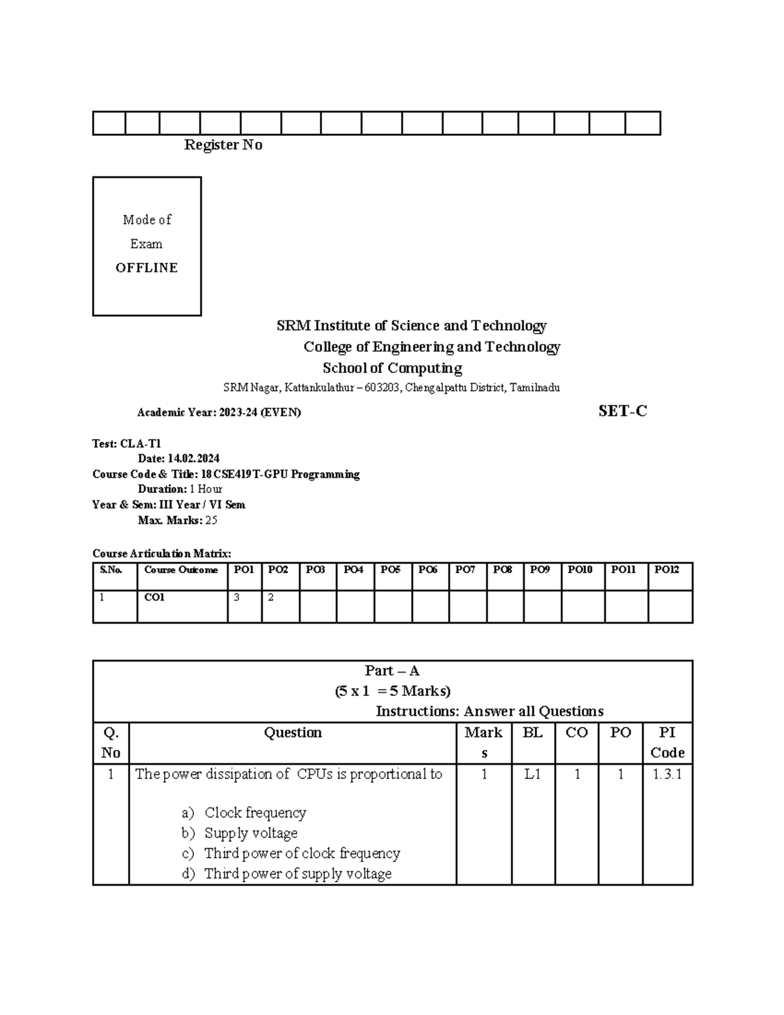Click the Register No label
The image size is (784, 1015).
click(x=223, y=145)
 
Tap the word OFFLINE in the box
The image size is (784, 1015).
click(x=146, y=268)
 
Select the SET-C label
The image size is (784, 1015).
click(x=623, y=411)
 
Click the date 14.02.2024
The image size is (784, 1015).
click(x=193, y=459)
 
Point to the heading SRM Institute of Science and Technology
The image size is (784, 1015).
click(x=411, y=325)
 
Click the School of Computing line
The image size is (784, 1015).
click(x=392, y=368)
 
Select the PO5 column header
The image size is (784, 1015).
click(x=390, y=570)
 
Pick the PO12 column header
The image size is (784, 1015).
click(x=666, y=570)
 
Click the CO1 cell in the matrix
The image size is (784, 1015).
click(x=154, y=597)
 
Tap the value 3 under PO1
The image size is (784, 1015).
click(x=237, y=597)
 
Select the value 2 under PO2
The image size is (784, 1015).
click(x=271, y=597)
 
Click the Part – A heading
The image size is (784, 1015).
click(x=392, y=671)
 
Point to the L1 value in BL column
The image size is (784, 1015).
click(x=532, y=774)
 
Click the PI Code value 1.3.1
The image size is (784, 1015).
click(x=667, y=774)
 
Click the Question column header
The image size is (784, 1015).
click(x=293, y=733)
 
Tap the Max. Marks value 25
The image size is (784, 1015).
click(x=211, y=521)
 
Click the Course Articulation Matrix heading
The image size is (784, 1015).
click(x=161, y=553)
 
